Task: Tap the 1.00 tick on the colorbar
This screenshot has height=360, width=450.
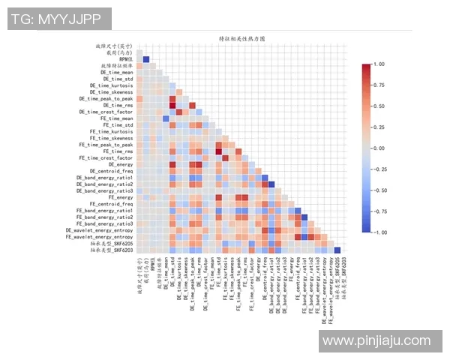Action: pyautogui.click(x=380, y=64)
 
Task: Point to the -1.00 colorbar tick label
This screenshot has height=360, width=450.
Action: pyautogui.click(x=379, y=232)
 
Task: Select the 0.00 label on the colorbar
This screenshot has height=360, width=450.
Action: pyautogui.click(x=380, y=148)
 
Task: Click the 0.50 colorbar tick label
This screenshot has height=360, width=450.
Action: pyautogui.click(x=380, y=106)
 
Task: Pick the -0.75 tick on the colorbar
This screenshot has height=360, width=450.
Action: pyautogui.click(x=379, y=211)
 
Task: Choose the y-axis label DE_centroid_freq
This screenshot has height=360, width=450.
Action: pyautogui.click(x=111, y=171)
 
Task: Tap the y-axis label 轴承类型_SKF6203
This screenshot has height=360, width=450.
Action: pyautogui.click(x=109, y=250)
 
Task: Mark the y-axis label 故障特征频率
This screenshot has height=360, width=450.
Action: pyautogui.click(x=116, y=66)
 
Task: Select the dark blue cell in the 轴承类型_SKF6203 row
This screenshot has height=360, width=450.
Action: pyautogui.click(x=337, y=250)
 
